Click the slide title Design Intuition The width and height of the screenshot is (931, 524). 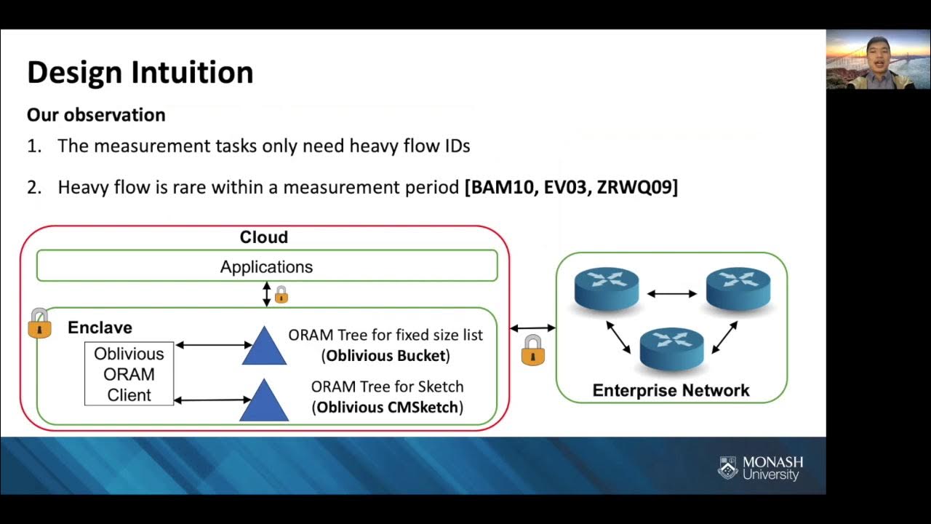coord(140,73)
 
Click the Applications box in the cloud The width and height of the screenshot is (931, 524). coord(266,266)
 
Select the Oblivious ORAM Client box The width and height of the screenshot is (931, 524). coord(129,374)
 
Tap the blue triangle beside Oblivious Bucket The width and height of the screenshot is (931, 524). coord(264,346)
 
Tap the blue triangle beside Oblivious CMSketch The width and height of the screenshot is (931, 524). coord(264,401)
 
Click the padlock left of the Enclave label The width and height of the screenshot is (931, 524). coord(40,323)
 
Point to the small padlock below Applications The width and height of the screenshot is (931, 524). coord(281,295)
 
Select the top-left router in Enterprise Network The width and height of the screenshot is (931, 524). coord(607,287)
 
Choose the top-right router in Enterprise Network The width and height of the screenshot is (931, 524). coord(738,287)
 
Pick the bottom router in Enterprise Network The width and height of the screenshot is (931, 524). coord(671,348)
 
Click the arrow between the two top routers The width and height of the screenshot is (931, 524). coord(672,293)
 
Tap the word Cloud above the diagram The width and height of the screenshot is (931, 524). coord(264,237)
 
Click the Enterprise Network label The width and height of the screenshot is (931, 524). coord(671,390)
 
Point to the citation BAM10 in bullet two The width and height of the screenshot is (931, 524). coord(502,187)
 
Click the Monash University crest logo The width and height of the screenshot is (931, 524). coord(728,468)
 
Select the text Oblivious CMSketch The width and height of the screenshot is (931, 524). coord(388,408)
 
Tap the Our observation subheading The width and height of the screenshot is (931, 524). coord(96,115)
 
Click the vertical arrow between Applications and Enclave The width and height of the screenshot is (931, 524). coord(267,294)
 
